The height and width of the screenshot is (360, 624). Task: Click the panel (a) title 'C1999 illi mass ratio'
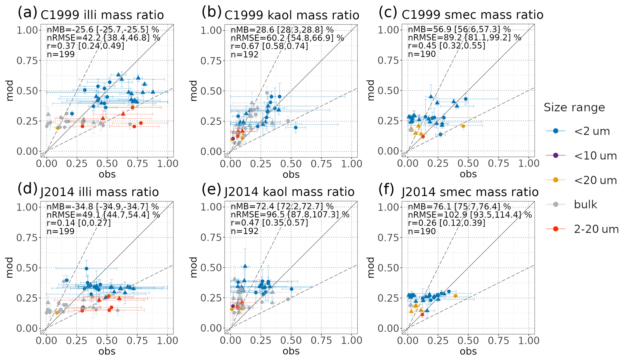(102, 15)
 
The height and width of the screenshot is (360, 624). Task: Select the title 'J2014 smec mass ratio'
(470, 192)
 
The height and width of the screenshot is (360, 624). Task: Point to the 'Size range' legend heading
(574, 108)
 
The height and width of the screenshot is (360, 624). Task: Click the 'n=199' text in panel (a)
(61, 54)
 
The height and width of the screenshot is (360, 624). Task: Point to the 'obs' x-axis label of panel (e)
(291, 351)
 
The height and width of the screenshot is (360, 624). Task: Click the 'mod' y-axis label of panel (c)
(371, 90)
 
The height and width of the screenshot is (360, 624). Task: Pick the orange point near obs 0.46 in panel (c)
(463, 126)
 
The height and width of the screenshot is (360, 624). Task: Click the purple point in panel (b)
(233, 138)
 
